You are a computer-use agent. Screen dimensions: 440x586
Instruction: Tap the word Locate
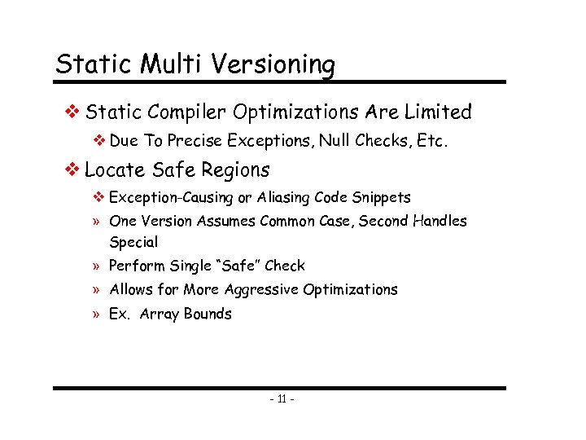pos(114,169)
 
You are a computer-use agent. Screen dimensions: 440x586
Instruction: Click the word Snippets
pos(382,197)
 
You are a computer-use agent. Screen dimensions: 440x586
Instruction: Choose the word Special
pos(133,242)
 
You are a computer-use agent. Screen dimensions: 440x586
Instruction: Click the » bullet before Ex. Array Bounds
pos(96,315)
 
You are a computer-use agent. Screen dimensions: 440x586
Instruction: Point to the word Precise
pos(195,140)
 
